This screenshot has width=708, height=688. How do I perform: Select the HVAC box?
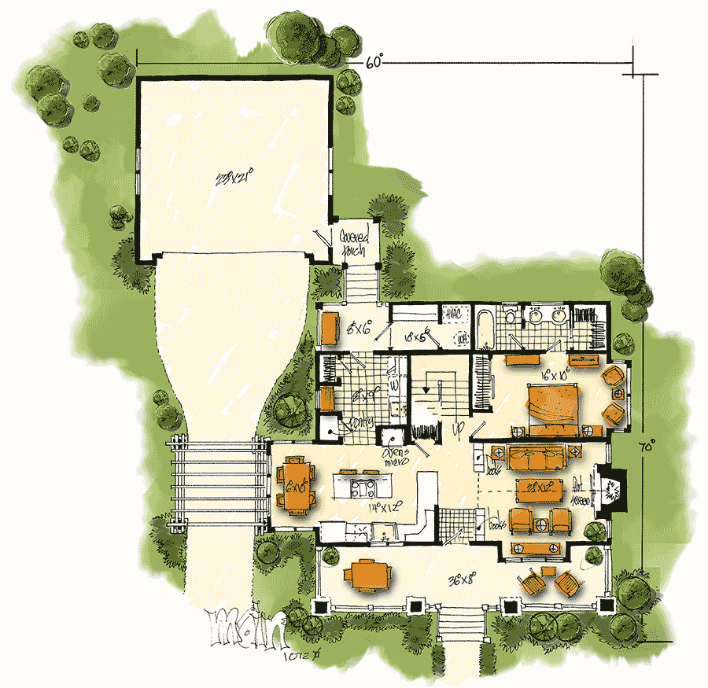(x=452, y=315)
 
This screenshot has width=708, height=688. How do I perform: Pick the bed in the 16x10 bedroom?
(x=553, y=406)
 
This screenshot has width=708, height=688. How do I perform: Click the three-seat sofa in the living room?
(x=529, y=454)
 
